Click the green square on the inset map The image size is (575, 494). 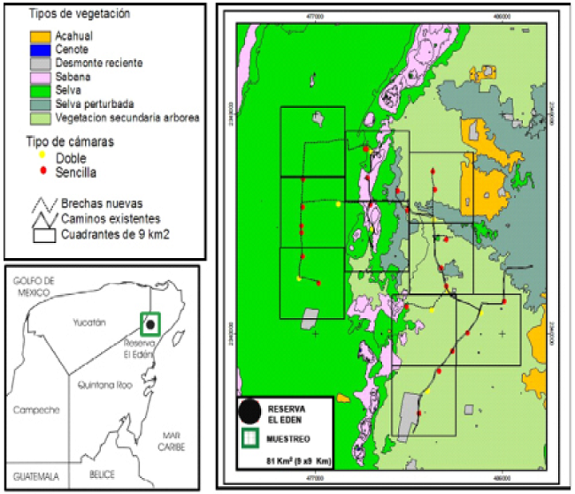(151, 324)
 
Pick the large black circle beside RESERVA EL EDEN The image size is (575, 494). (251, 410)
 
